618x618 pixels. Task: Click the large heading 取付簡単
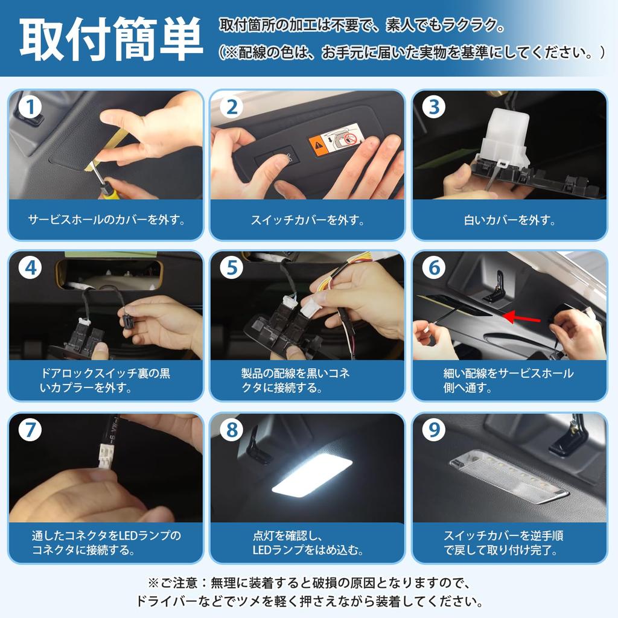coord(111,39)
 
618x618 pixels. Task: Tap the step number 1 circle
coord(30,107)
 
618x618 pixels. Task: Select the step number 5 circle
coord(232,267)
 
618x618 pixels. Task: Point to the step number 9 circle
coord(433,430)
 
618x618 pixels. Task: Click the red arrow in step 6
coord(522,317)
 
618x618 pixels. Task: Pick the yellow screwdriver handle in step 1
coord(106,190)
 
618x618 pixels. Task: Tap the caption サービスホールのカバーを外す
coord(107,220)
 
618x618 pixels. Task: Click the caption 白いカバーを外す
coord(509,220)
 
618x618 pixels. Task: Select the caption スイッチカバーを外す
coord(307,220)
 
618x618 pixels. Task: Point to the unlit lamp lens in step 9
coord(508,478)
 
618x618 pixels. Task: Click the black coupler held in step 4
coord(129,317)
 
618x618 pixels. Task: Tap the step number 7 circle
coord(30,430)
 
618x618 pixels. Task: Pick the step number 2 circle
coord(232,107)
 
